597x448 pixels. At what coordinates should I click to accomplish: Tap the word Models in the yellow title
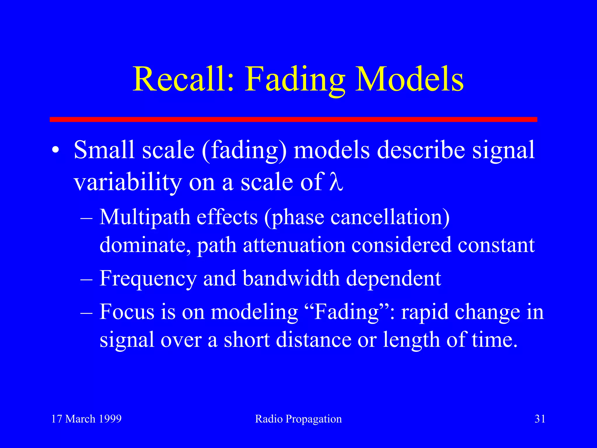pyautogui.click(x=409, y=79)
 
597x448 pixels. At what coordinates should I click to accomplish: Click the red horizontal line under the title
pyautogui.click(x=293, y=119)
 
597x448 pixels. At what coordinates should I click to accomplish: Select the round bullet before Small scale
pyautogui.click(x=56, y=150)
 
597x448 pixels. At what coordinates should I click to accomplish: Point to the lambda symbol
pyautogui.click(x=336, y=182)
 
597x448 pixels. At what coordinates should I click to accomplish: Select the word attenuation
pyautogui.click(x=294, y=245)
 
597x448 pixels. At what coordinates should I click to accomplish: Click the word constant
pyautogui.click(x=496, y=245)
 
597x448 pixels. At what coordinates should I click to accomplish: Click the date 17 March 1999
pyautogui.click(x=86, y=419)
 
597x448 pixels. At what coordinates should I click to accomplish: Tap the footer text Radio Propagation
pyautogui.click(x=298, y=419)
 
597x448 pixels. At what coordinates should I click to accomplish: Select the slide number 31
pyautogui.click(x=540, y=419)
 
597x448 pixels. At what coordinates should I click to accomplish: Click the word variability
pyautogui.click(x=128, y=183)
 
